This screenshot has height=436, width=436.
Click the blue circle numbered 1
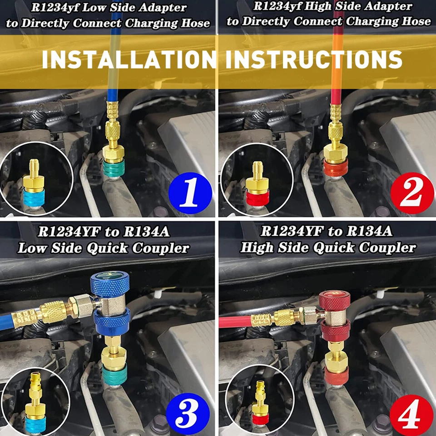click(x=190, y=193)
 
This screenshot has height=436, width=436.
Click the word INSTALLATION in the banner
click(x=129, y=59)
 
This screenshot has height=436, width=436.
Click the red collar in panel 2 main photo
click(x=335, y=168)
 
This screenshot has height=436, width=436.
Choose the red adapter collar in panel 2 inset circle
click(x=257, y=198)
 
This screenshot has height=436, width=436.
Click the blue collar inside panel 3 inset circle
click(x=35, y=423)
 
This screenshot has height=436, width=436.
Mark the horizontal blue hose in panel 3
click(x=14, y=320)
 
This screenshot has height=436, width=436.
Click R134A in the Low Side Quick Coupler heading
click(x=144, y=232)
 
